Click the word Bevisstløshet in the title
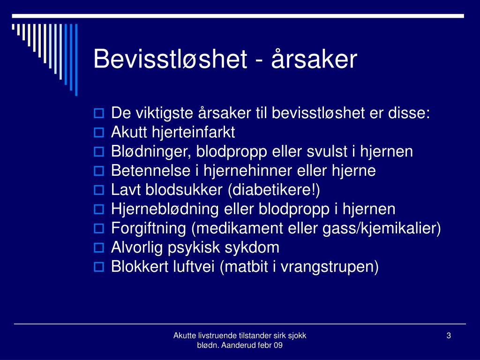coord(170,59)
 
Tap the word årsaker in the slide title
coord(314,59)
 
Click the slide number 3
coord(449,336)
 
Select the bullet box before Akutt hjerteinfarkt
coord(98,132)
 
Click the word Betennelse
coord(150,171)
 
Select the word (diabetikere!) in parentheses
coord(274,190)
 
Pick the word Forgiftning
coord(149,229)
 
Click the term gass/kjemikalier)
coord(382,229)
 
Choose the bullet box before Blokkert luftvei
coord(98,267)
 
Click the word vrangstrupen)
coord(330,267)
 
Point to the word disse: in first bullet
coord(409,113)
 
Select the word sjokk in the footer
coord(297,336)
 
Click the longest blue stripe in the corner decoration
coord(76,60)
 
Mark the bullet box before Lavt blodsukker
coord(98,190)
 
